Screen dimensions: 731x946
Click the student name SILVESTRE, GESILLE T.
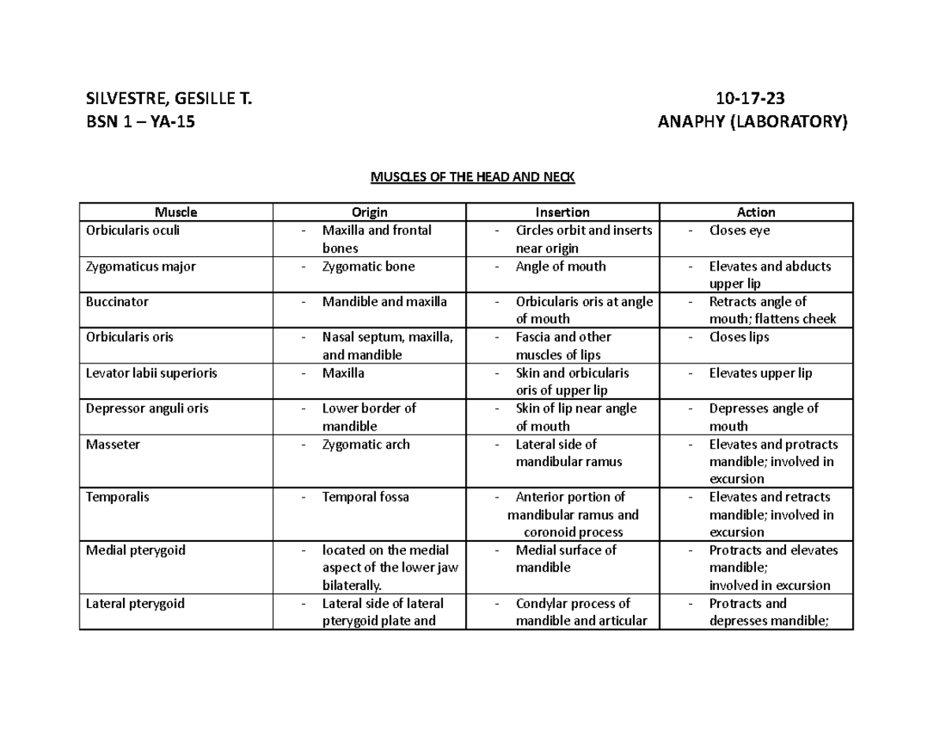pyautogui.click(x=170, y=99)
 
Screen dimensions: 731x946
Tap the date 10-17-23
pyautogui.click(x=750, y=99)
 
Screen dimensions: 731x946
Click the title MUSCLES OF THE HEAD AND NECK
pyautogui.click(x=473, y=177)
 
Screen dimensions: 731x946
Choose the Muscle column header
pyautogui.click(x=176, y=212)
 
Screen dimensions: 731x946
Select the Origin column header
pyautogui.click(x=369, y=212)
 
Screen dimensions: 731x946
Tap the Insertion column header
pyautogui.click(x=562, y=212)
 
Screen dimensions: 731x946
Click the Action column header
pyautogui.click(x=756, y=212)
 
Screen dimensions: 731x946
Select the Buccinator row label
pyautogui.click(x=117, y=301)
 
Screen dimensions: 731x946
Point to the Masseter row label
pyautogui.click(x=113, y=444)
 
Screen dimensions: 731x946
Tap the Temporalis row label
pyautogui.click(x=117, y=497)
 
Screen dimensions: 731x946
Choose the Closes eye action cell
pyautogui.click(x=739, y=230)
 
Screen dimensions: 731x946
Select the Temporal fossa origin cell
pyautogui.click(x=365, y=497)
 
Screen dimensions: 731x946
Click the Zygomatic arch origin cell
pyautogui.click(x=366, y=444)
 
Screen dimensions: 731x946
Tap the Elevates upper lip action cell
pyautogui.click(x=760, y=373)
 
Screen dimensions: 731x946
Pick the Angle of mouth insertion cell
pyautogui.click(x=561, y=267)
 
